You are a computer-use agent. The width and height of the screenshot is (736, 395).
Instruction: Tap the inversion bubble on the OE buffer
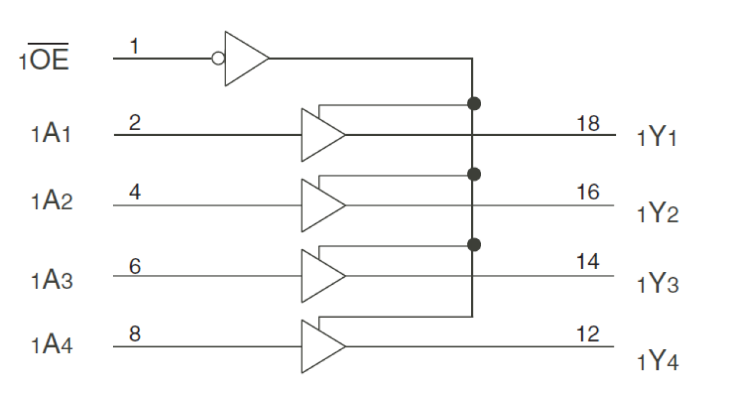coord(218,59)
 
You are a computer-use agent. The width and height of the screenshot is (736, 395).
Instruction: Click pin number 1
coord(134,46)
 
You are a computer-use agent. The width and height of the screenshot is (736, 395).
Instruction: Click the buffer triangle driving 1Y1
coord(320,135)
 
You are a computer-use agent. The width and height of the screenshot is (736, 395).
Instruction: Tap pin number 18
coord(588,124)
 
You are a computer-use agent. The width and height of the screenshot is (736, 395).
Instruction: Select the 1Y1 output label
coord(657,139)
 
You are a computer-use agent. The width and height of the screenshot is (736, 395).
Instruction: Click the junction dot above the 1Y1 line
coord(475,104)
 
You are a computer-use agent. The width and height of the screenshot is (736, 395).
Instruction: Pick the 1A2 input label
coord(52,202)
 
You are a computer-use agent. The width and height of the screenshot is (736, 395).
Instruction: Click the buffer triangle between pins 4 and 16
coord(320,205)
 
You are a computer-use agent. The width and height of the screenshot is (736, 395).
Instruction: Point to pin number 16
coord(588,192)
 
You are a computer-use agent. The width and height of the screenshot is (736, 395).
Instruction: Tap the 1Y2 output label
coord(657,213)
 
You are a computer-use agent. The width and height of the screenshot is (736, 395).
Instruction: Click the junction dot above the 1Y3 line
coord(475,244)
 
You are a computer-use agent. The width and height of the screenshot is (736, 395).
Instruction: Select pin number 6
coord(135,266)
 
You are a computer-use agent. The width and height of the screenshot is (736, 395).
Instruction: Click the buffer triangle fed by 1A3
coord(320,275)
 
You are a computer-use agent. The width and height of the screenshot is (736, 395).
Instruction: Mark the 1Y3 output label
coord(657,284)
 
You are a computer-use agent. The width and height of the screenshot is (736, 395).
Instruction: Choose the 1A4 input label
coord(52,345)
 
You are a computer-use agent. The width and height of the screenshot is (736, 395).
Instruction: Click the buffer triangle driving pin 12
coord(320,346)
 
